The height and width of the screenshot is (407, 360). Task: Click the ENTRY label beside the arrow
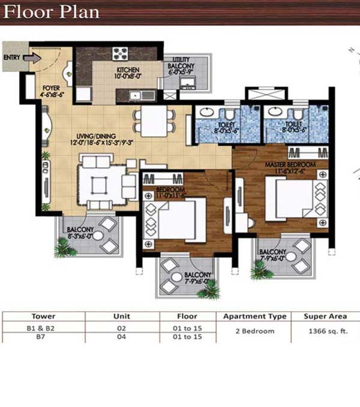point(12,58)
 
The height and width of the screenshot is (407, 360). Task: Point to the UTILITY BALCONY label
point(181,65)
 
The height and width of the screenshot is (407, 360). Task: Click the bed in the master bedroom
point(293,201)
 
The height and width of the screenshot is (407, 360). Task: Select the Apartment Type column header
point(255,316)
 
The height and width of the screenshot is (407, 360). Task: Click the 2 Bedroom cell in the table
point(254,331)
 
